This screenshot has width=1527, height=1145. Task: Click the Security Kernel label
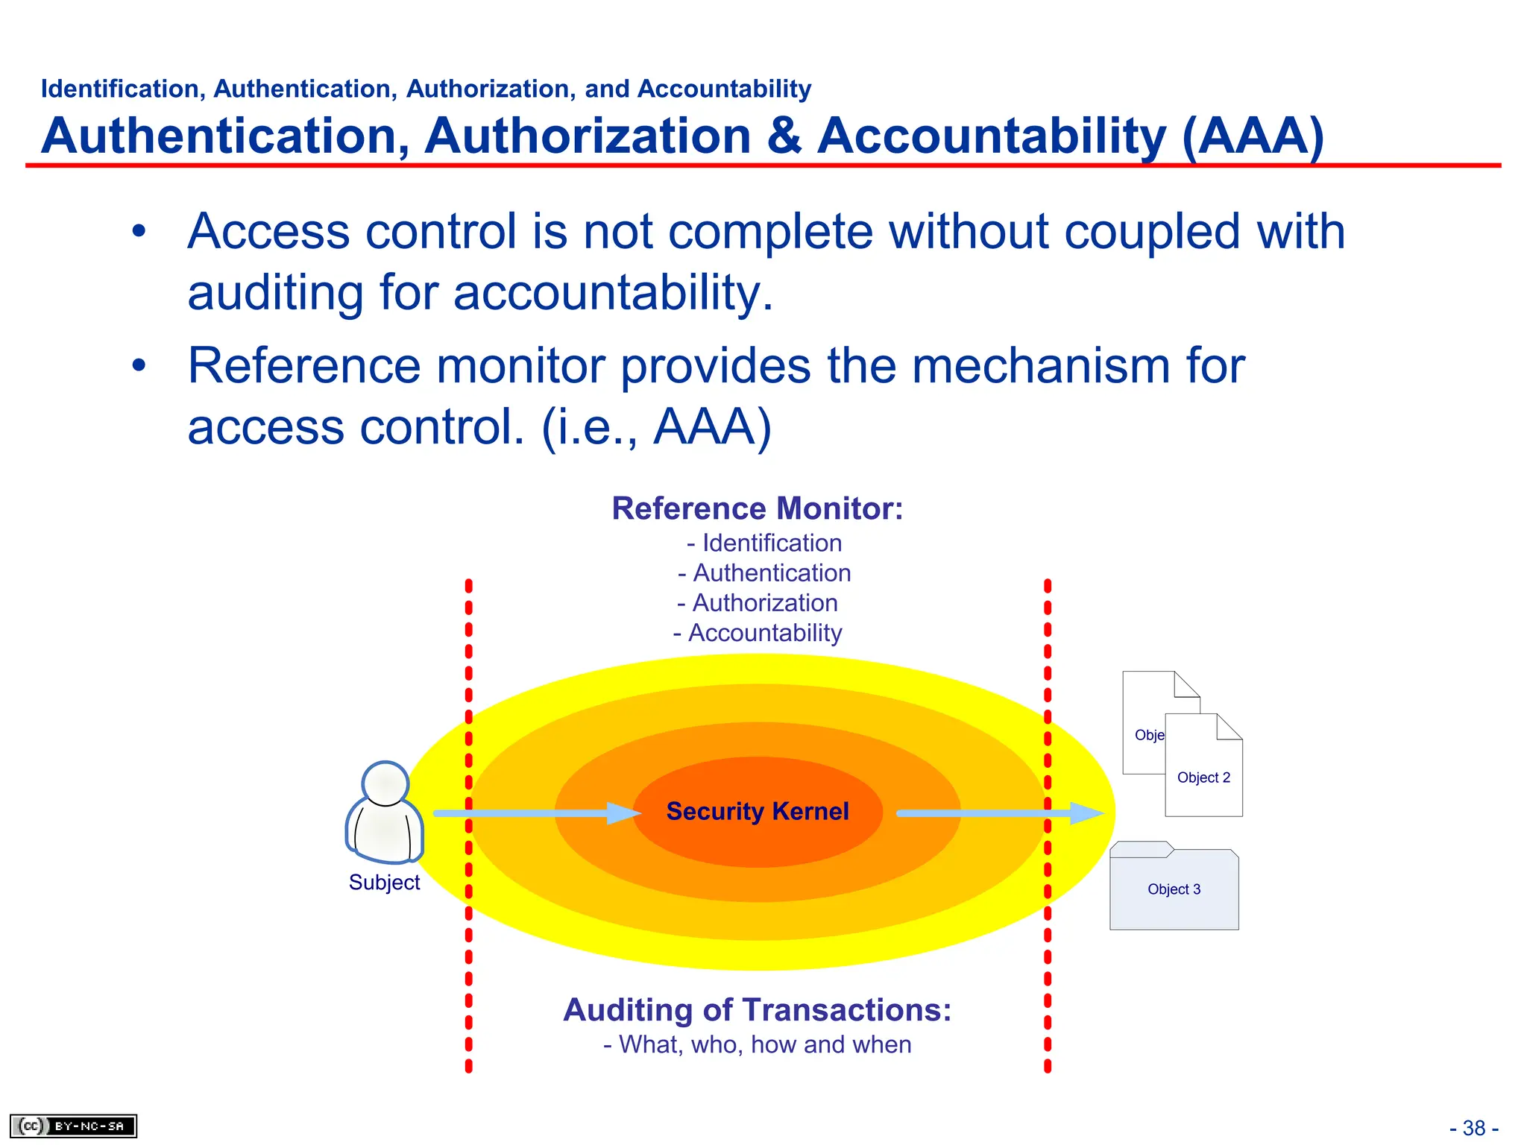[757, 811]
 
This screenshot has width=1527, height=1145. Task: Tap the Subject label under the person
[384, 883]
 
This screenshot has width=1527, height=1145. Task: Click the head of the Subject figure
[385, 783]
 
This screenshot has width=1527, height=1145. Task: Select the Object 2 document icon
[1203, 768]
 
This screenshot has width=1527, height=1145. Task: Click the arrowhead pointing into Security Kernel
[623, 813]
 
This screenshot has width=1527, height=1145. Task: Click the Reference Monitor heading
[757, 509]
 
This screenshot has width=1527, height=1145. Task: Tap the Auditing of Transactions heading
[757, 1011]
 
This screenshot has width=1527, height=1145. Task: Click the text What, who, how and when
[757, 1045]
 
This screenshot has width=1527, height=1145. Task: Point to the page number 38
[1473, 1128]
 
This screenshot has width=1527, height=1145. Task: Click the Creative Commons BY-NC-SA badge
[73, 1126]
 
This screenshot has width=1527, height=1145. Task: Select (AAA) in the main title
[1253, 136]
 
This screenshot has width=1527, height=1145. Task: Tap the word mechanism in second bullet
[1039, 367]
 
